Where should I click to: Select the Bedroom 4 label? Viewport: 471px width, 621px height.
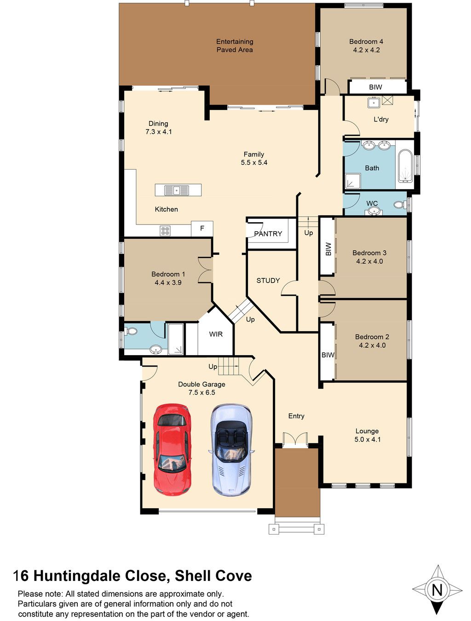(x=366, y=41)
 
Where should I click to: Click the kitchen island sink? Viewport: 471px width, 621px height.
(x=177, y=190)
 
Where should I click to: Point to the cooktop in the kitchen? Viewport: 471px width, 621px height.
(x=165, y=230)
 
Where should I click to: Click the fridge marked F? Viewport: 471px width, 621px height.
(x=202, y=229)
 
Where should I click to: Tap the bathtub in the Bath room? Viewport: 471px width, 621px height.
(x=406, y=166)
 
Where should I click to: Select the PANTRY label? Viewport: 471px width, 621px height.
(x=268, y=234)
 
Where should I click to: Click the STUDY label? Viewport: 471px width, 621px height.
(x=268, y=280)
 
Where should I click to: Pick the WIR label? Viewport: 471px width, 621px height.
(x=216, y=334)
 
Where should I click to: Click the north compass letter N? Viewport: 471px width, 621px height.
(x=437, y=590)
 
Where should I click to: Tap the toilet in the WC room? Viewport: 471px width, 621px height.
(x=400, y=204)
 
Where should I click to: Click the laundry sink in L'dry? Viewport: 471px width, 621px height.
(x=373, y=102)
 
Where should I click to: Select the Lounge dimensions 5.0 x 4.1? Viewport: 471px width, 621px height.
(x=367, y=439)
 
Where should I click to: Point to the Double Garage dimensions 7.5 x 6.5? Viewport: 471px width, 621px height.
(x=202, y=392)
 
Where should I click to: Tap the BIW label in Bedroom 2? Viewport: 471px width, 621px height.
(x=328, y=355)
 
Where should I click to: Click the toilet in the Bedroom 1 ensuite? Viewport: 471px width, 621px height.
(x=131, y=331)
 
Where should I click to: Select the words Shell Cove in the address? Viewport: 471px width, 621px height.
(x=213, y=576)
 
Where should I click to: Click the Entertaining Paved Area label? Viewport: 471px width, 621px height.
(x=235, y=46)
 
